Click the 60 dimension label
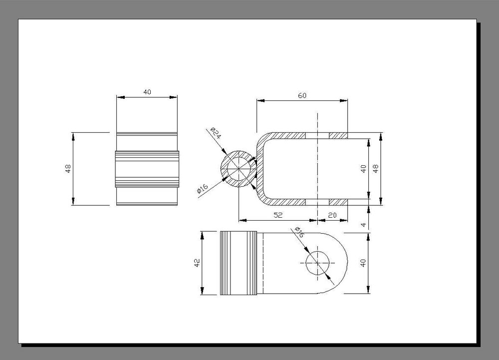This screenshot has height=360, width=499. (302, 95)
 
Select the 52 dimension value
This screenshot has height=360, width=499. (278, 215)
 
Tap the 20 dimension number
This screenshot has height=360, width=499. (332, 215)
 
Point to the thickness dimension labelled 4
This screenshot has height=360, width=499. (364, 225)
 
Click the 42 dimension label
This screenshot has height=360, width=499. (197, 263)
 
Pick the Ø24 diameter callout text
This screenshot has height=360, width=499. (216, 133)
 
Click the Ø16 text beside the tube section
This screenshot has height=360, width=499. (203, 189)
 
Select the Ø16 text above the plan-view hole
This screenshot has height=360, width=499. (299, 232)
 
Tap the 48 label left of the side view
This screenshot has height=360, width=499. (68, 168)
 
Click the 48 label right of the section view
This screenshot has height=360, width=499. (376, 168)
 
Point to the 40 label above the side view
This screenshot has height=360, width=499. (147, 92)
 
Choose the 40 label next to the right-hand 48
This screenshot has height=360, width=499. (363, 169)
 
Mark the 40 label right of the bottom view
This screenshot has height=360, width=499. (363, 263)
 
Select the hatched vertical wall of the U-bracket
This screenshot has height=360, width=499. (260, 169)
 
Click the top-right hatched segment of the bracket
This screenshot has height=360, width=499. (338, 136)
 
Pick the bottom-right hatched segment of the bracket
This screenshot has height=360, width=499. (338, 202)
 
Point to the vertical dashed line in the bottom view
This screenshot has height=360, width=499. (263, 263)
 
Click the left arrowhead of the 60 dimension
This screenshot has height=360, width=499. (260, 101)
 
